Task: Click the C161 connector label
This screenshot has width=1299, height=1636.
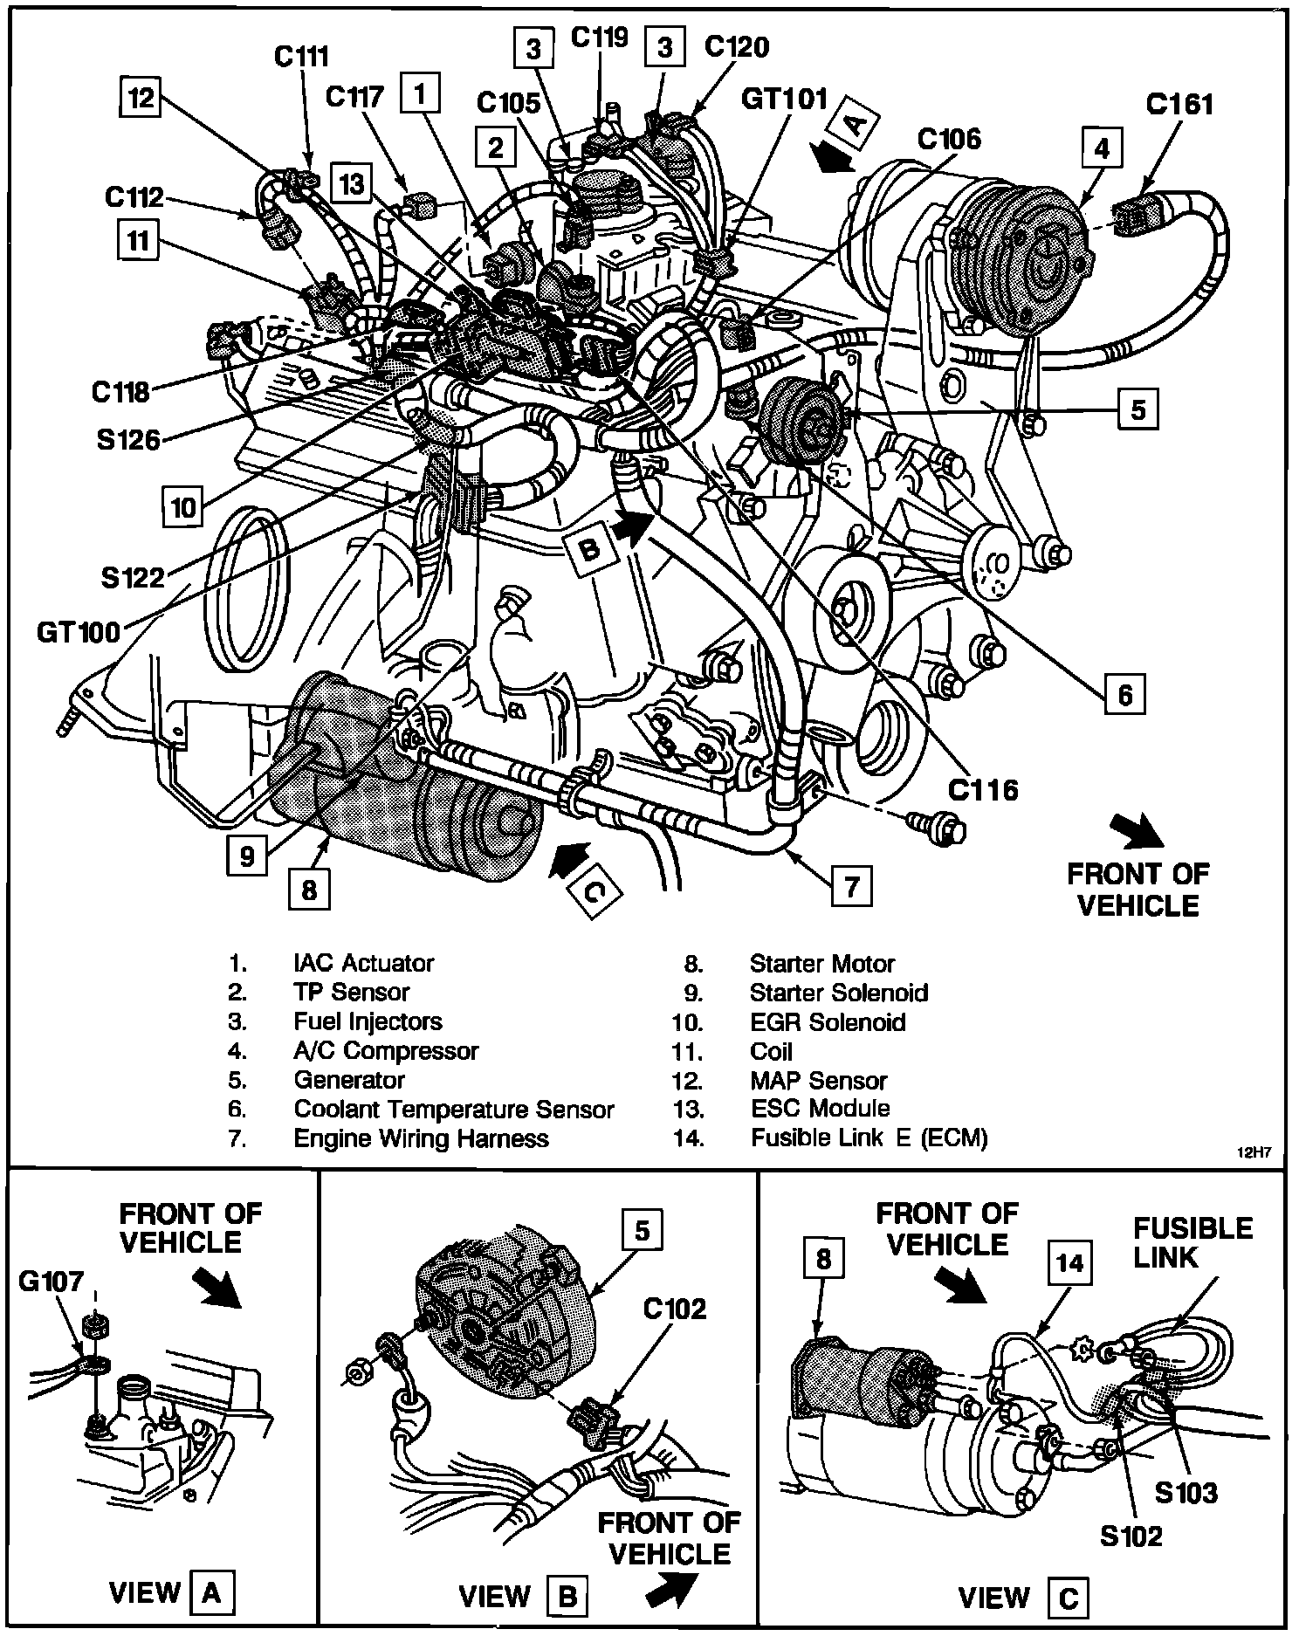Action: point(1179,105)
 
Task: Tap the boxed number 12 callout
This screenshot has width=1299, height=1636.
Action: point(141,98)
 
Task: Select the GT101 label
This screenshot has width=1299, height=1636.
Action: point(783,98)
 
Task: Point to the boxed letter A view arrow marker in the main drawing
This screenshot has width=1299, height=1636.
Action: point(854,123)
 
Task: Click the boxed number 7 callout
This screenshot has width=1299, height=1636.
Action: point(851,887)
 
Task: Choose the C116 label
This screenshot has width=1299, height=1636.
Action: point(983,790)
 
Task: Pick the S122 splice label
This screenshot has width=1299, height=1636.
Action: point(133,576)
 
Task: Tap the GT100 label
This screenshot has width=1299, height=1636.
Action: point(79,631)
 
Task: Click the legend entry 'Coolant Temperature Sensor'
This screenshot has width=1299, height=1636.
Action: point(454,1110)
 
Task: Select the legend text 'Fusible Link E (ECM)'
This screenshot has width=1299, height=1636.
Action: point(869,1138)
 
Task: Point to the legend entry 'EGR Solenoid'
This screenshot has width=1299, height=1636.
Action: point(828,1021)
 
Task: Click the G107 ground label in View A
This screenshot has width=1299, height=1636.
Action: point(52,1282)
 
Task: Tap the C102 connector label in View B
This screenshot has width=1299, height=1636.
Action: point(674,1309)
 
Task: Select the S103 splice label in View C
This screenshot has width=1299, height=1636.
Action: point(1186,1493)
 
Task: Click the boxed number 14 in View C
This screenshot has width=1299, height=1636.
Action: point(1069,1263)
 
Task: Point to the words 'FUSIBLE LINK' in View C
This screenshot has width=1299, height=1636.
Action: point(1192,1243)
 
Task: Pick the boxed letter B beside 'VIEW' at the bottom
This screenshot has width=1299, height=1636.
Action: point(567,1597)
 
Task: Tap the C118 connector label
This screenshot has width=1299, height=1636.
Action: point(120,392)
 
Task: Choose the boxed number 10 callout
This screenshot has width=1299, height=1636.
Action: point(183,507)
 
